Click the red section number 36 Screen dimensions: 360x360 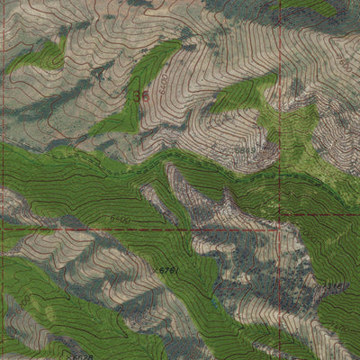(x=138, y=93)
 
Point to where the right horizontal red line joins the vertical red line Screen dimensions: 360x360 (x=279, y=213)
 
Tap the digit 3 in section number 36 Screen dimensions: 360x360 (x=133, y=93)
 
